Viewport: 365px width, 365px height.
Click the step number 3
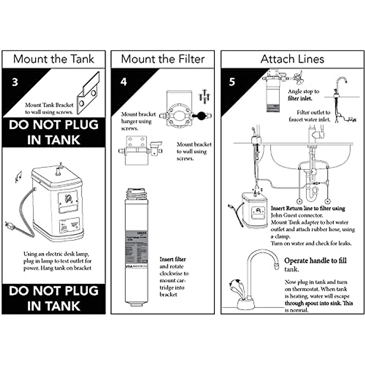pos(15,82)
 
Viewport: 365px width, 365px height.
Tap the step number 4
pos(123,82)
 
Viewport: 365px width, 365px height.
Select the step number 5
pos(232,82)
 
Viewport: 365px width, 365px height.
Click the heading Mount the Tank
pos(54,59)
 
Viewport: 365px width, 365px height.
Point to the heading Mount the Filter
pos(163,59)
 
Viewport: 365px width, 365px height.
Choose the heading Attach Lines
pos(292,59)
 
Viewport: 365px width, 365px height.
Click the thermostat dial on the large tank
pos(67,200)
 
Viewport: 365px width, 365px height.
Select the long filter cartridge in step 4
pos(137,246)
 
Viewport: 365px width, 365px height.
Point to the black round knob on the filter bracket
pos(201,116)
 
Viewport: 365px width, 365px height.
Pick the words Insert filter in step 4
pos(172,259)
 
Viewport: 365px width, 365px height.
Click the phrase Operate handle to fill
pos(315,261)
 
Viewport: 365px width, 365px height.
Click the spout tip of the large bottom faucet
pos(276,266)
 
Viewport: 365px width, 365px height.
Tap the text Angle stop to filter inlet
pos(303,95)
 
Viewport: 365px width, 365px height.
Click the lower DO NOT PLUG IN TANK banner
pos(54,298)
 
